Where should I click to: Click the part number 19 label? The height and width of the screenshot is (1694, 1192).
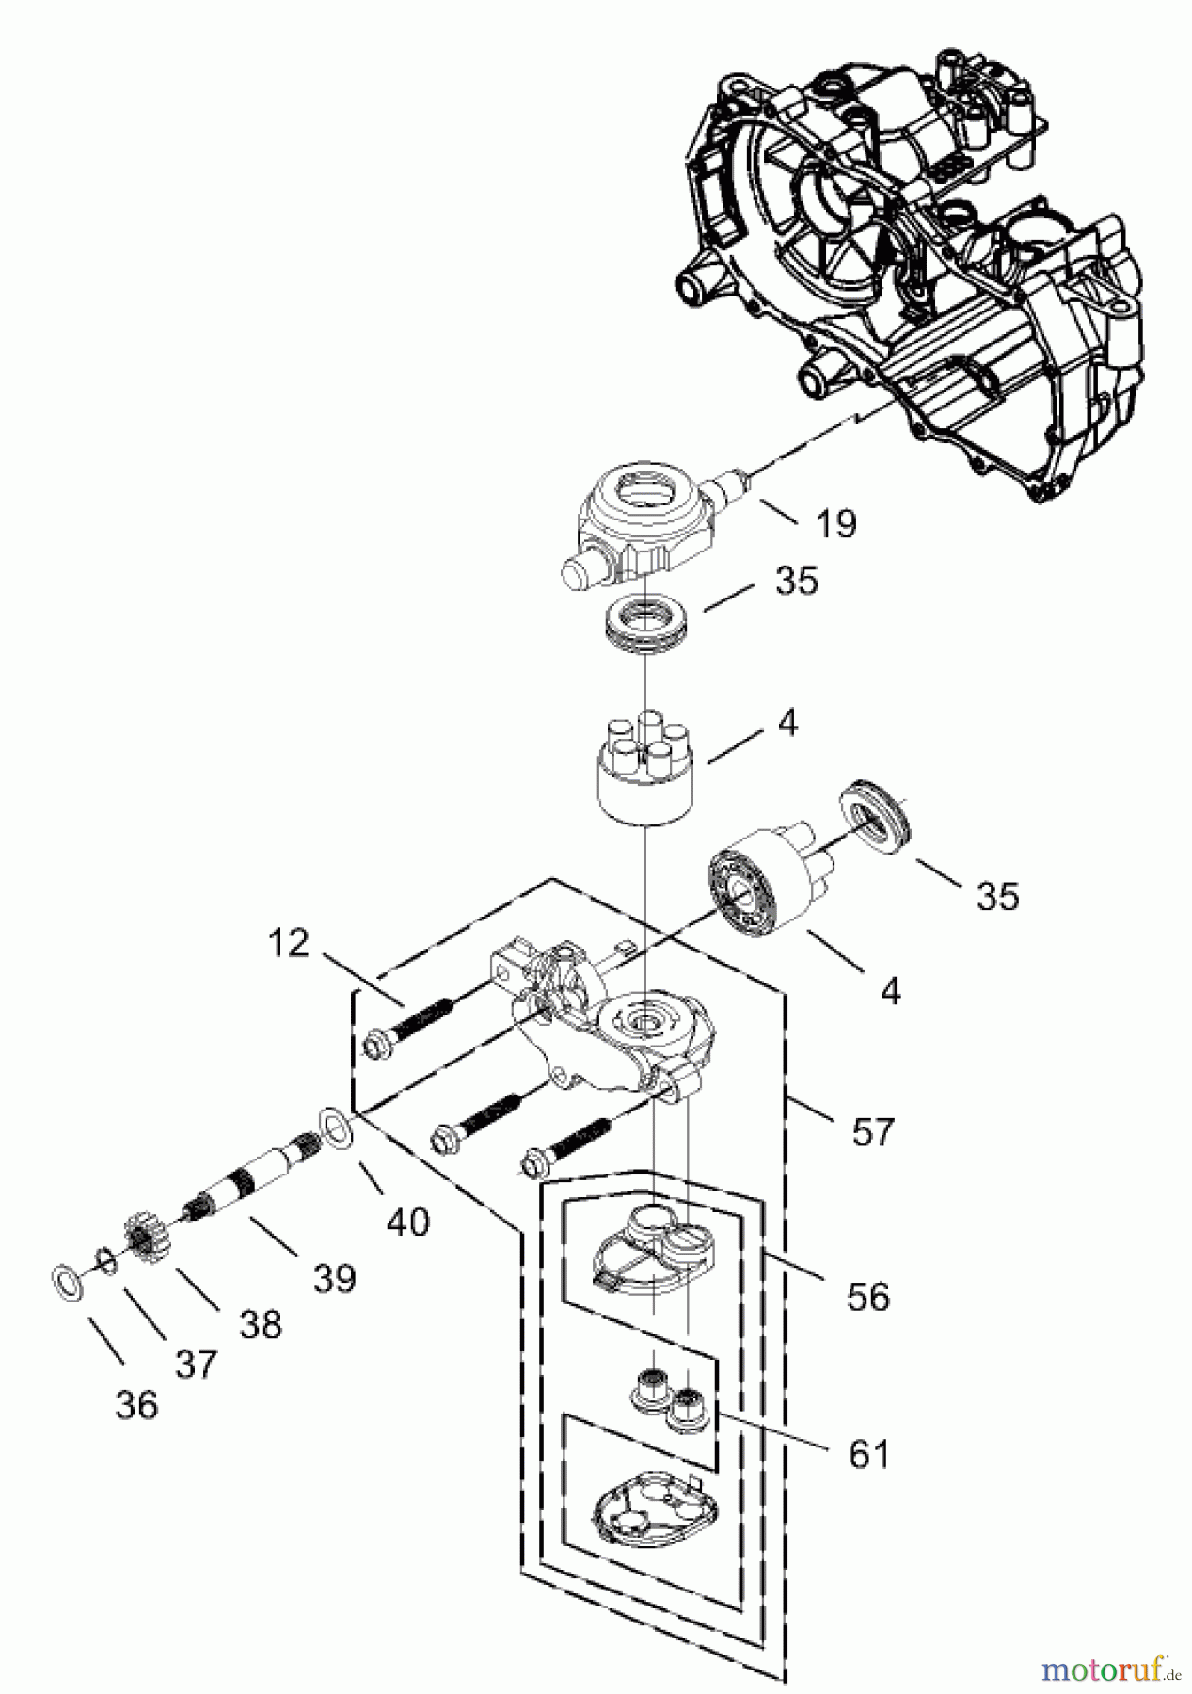pos(836,523)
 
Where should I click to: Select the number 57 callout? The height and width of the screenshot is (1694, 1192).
pos(871,1130)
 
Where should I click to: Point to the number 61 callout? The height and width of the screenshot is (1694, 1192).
pos(868,1454)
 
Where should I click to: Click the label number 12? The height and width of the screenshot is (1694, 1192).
pos(288,942)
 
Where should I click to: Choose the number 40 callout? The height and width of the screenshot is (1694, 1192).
pos(407,1222)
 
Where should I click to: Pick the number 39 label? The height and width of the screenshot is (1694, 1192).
pos(335,1277)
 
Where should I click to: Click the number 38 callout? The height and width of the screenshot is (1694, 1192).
pos(261,1323)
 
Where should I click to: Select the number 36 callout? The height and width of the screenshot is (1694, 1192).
pos(137,1405)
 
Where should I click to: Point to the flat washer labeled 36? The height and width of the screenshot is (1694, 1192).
pos(65,1280)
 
